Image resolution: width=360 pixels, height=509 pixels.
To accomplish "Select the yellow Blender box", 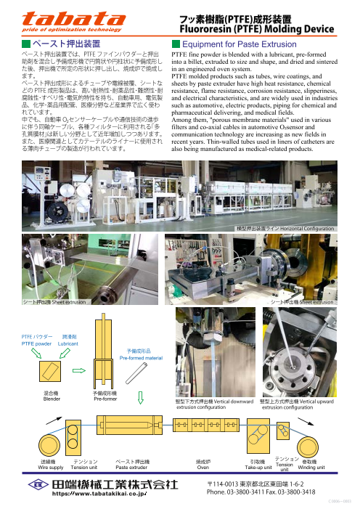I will [x=52, y=372].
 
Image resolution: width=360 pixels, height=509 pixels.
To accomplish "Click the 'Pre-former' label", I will [x=105, y=399].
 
